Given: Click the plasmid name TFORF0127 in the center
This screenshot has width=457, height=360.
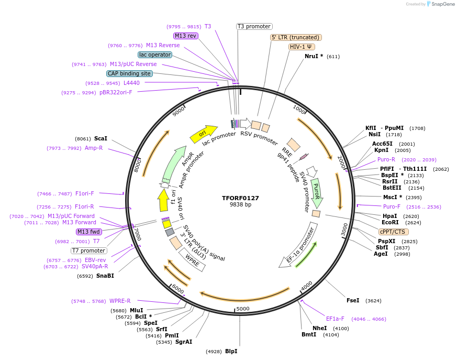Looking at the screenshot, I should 240,198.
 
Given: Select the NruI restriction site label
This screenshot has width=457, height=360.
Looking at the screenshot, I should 314,56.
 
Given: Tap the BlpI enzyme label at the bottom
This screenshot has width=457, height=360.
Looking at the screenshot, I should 231,351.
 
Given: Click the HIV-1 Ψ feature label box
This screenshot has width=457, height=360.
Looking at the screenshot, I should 302,47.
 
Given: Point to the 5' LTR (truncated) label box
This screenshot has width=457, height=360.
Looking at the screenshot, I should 296,37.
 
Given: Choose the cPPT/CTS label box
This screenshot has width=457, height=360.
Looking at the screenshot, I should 394,232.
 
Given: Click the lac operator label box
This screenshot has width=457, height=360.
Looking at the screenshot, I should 155,54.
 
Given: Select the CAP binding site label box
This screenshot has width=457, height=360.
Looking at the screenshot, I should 129,74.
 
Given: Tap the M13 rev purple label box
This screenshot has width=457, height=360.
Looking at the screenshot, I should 186,36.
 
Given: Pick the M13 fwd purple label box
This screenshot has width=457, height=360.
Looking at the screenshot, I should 89,232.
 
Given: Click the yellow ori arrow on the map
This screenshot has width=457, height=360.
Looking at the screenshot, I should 204,134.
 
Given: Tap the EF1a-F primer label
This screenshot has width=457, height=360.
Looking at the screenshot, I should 335,319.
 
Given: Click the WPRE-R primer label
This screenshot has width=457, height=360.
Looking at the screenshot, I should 120,301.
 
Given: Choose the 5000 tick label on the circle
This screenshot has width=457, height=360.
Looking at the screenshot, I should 242,309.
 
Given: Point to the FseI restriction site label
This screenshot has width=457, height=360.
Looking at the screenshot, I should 353,300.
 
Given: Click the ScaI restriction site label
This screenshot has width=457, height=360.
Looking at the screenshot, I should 101,138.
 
